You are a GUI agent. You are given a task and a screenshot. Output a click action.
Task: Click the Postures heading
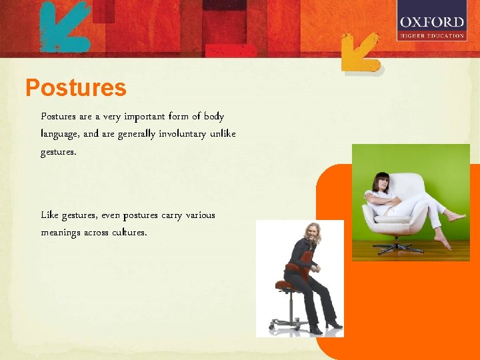(75, 87)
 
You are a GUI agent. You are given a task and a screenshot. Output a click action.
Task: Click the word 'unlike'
(222, 134)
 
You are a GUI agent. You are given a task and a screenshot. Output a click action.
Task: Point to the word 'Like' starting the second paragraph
(49, 215)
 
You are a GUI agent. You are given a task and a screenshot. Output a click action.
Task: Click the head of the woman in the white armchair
(382, 181)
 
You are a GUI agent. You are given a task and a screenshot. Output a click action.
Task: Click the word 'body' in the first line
(214, 117)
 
